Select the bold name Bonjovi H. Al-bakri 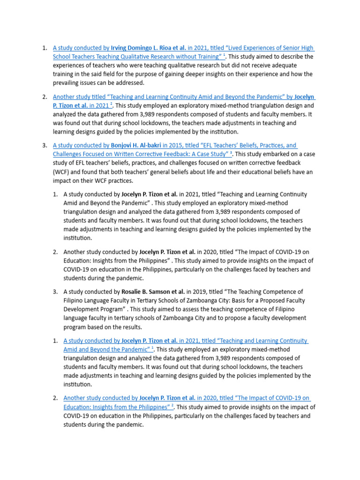coord(136,145)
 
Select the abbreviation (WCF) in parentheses coord(61,172)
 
